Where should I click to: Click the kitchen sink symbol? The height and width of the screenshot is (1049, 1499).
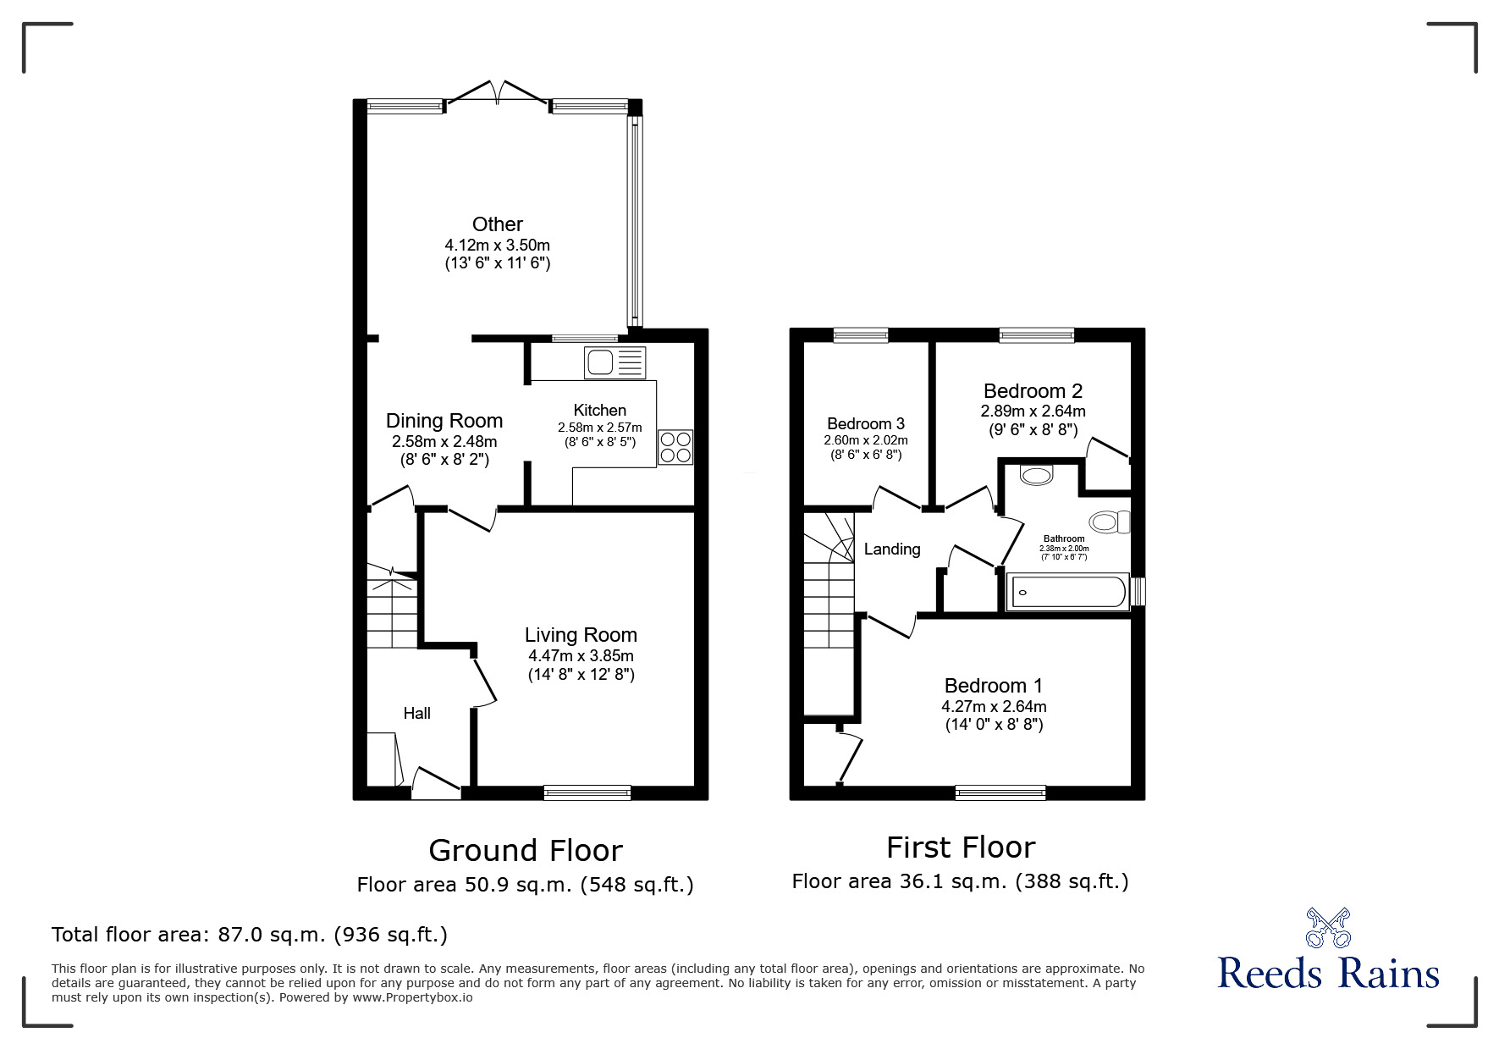click(614, 362)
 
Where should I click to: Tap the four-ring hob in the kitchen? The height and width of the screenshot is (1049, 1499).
click(675, 447)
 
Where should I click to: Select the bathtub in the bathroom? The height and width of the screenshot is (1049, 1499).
click(1066, 592)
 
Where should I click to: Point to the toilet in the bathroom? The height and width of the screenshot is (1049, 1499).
click(1110, 522)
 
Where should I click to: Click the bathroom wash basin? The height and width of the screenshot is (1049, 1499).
click(1036, 475)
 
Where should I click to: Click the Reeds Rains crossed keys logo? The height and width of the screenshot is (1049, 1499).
click(1328, 928)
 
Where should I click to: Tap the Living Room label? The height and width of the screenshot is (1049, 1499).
click(581, 635)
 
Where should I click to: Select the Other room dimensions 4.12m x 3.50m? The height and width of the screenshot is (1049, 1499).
click(498, 245)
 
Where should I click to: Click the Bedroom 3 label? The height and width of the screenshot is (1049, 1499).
click(866, 423)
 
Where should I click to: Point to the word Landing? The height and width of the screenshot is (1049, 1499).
click(892, 549)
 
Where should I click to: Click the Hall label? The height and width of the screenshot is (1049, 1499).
click(416, 714)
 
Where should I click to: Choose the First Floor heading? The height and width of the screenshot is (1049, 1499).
click(961, 847)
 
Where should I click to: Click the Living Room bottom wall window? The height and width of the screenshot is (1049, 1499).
click(587, 792)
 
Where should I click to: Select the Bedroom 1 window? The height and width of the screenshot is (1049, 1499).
click(1000, 792)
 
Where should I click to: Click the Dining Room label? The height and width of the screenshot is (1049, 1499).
click(444, 421)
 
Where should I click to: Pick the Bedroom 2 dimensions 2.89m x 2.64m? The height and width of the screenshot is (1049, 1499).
click(1033, 411)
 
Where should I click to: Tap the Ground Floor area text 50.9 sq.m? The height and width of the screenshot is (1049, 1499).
click(525, 885)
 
